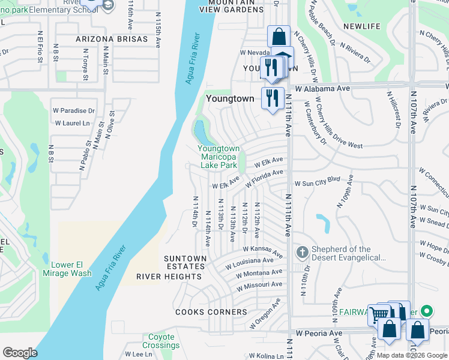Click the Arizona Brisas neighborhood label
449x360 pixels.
coord(112,39)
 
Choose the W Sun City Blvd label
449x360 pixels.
coord(316,179)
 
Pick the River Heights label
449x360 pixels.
coord(169,277)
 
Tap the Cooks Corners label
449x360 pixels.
coord(211,312)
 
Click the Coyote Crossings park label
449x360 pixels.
coord(161,341)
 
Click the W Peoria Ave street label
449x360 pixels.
coord(319,332)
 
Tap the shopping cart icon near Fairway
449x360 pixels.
coord(378,314)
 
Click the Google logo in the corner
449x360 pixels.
coord(20,353)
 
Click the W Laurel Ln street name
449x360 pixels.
coord(71,123)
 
